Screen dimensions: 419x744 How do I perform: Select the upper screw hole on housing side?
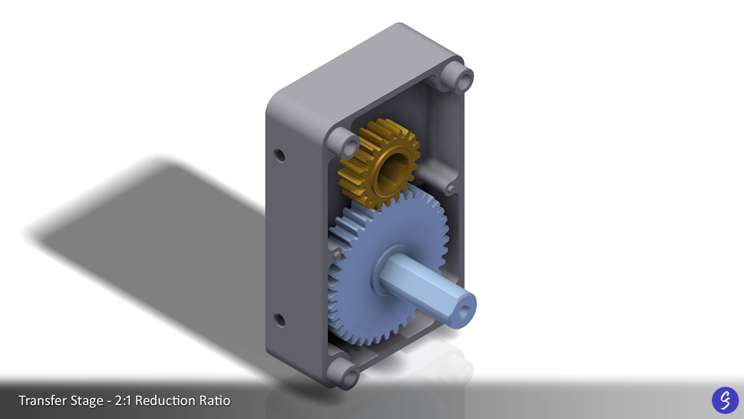(x=279, y=155)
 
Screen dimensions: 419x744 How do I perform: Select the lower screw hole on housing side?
(x=279, y=320)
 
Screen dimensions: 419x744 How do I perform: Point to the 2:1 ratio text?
(x=123, y=400)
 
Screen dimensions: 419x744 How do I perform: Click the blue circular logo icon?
(x=725, y=400)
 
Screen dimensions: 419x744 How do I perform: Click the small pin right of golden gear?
(x=450, y=189)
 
